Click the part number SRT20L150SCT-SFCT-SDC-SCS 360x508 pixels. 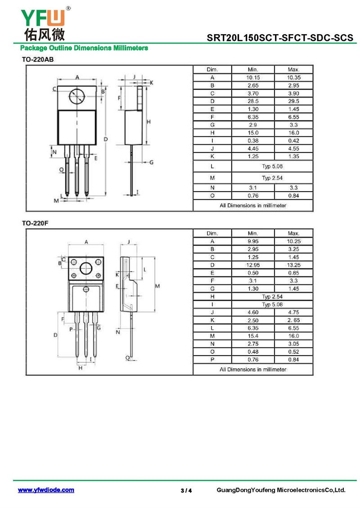280,38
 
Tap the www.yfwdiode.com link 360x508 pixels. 46,490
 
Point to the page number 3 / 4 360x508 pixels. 186,490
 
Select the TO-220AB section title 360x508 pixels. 38,60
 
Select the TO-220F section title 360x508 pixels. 35,223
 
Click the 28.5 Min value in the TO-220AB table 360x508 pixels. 253,102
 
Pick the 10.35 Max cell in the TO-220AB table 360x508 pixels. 293,78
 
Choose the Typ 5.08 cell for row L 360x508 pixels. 272,166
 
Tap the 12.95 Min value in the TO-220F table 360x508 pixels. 253,265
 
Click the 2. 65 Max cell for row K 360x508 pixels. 293,320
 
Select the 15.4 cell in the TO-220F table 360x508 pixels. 253,336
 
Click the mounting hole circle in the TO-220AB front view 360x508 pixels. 77,96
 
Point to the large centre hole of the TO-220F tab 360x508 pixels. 86,268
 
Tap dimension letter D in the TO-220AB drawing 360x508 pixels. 106,139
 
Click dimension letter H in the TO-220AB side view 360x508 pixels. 149,122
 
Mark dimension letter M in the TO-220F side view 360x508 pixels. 157,286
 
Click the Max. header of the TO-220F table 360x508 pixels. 293,233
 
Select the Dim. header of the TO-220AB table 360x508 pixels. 212,70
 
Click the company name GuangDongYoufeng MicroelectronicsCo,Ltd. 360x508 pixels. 281,490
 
